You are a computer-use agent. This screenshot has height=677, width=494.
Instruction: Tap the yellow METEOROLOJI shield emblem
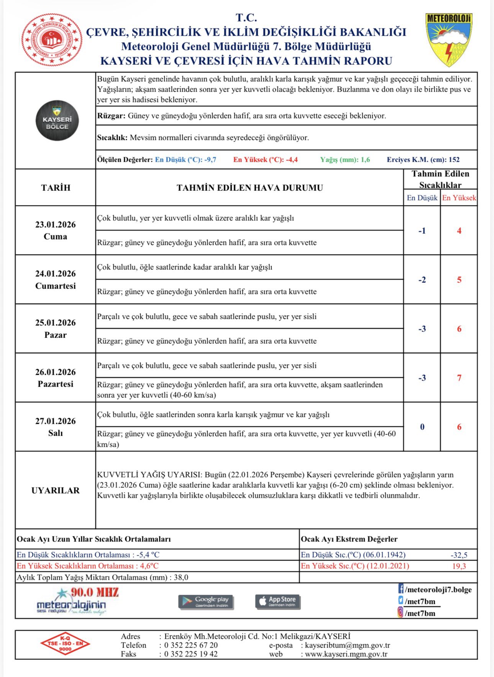tap(448, 39)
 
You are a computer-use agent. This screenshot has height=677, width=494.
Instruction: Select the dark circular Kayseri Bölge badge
tap(57, 121)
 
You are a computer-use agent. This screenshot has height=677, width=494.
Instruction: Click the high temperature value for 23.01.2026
tap(459, 231)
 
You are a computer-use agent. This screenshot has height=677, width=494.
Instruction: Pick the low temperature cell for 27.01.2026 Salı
tap(422, 427)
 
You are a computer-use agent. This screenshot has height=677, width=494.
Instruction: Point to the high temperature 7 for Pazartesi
tap(459, 378)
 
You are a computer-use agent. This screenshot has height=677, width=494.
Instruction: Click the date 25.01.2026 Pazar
tap(56, 328)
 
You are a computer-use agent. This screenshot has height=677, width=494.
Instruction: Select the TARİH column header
tap(56, 188)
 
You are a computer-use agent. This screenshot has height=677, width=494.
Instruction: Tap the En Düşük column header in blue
tap(422, 198)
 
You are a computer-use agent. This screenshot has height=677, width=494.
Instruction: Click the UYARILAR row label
tap(56, 490)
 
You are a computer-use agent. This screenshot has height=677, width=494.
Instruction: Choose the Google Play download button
tap(206, 602)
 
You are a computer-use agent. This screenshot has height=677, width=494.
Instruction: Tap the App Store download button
tap(278, 601)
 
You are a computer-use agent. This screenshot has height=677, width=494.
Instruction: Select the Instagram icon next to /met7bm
tap(401, 613)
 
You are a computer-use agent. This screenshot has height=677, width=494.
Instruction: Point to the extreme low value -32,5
tap(459, 555)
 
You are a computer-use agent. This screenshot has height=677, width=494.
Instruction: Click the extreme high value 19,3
tap(459, 566)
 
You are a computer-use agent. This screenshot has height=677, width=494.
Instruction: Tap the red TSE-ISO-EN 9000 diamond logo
tap(65, 644)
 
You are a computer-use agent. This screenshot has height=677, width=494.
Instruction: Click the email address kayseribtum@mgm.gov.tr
tap(347, 645)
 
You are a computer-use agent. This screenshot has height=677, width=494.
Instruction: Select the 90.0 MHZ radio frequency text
tap(95, 592)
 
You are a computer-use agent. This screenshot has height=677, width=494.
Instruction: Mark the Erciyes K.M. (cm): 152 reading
tap(423, 160)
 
